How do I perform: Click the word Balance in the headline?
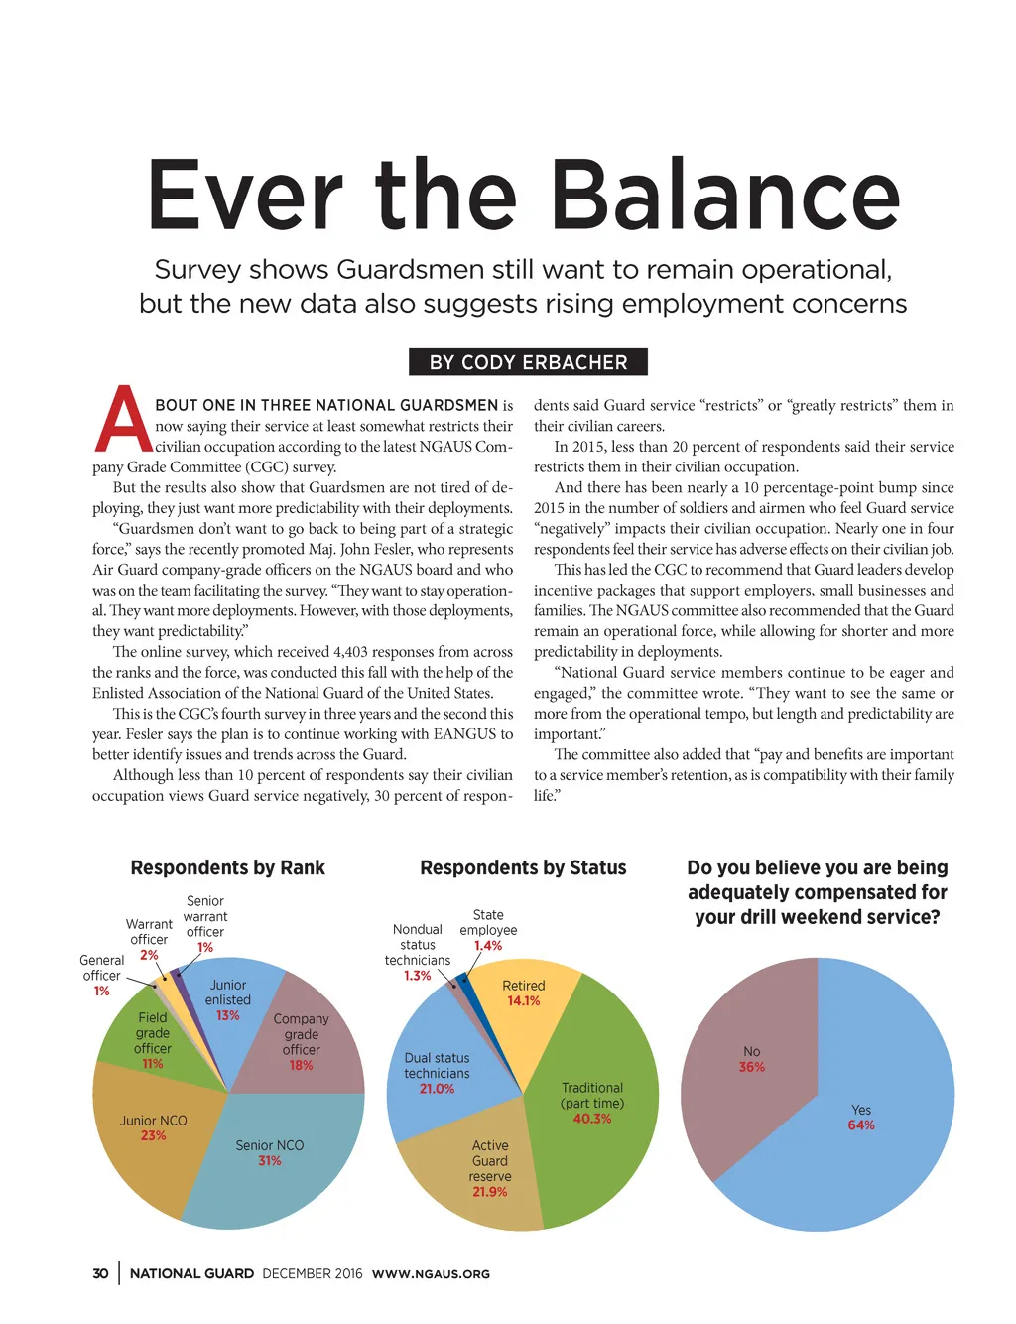coord(725,196)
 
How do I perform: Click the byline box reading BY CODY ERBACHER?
coord(528,362)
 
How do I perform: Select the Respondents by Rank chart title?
coord(227,867)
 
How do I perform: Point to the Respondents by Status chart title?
coord(523,867)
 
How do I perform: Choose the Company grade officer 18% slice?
coord(308,1042)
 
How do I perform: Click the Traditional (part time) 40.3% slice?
coord(595,1102)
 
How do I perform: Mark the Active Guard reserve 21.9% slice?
coord(481,1171)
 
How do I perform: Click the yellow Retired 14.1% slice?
coord(521,1002)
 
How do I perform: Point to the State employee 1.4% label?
coord(488,930)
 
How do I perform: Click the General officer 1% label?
coord(101,975)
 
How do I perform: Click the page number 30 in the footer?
coord(100,1273)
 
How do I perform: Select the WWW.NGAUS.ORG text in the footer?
coord(431,1274)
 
